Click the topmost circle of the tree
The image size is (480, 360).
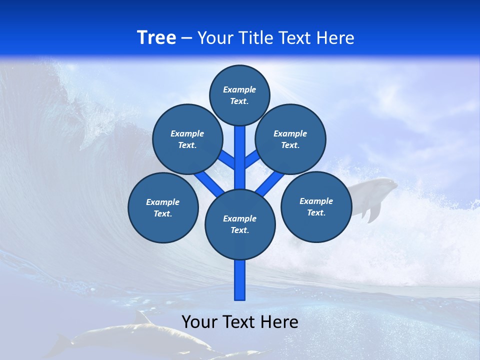239,95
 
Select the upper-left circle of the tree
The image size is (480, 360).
187,139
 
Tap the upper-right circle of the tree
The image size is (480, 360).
290,139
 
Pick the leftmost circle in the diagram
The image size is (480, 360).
163,207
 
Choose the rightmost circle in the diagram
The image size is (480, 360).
316,206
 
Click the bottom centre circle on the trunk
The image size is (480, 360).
240,224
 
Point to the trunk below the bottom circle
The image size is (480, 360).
240,280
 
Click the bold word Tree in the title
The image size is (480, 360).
156,37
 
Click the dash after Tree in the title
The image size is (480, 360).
186,38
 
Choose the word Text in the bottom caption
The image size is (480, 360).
238,322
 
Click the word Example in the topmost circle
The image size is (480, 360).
239,89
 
